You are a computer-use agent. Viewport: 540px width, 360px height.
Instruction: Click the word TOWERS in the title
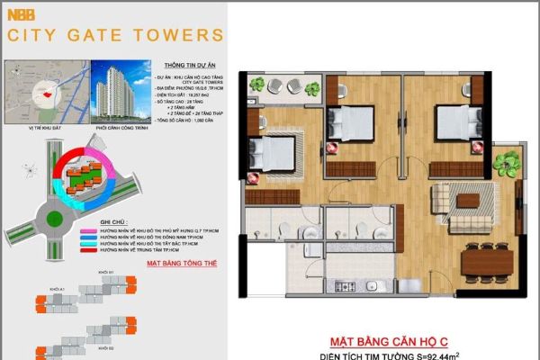click(x=184, y=36)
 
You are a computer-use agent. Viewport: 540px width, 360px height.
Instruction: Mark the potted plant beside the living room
click(x=502, y=163)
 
